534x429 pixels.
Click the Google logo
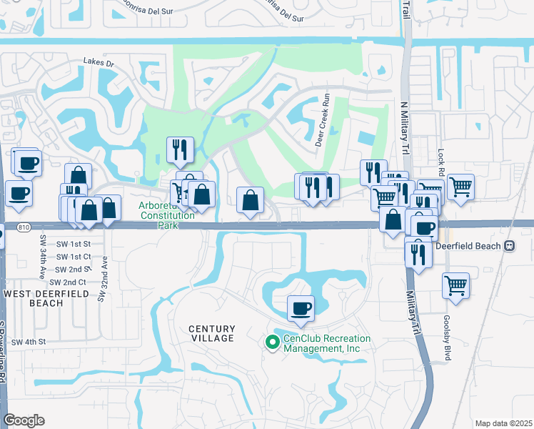click(x=24, y=420)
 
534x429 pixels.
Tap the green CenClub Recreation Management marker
click(x=271, y=343)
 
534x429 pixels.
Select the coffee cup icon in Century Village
click(x=301, y=308)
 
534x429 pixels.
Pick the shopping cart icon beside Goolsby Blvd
click(x=455, y=285)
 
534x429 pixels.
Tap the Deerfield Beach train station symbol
click(x=509, y=245)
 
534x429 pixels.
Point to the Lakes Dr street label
click(x=99, y=63)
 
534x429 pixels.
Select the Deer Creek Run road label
click(x=322, y=119)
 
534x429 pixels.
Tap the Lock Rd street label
click(x=441, y=162)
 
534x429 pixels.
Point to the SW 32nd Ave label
click(x=103, y=278)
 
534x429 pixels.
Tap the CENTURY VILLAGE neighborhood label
click(x=211, y=332)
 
